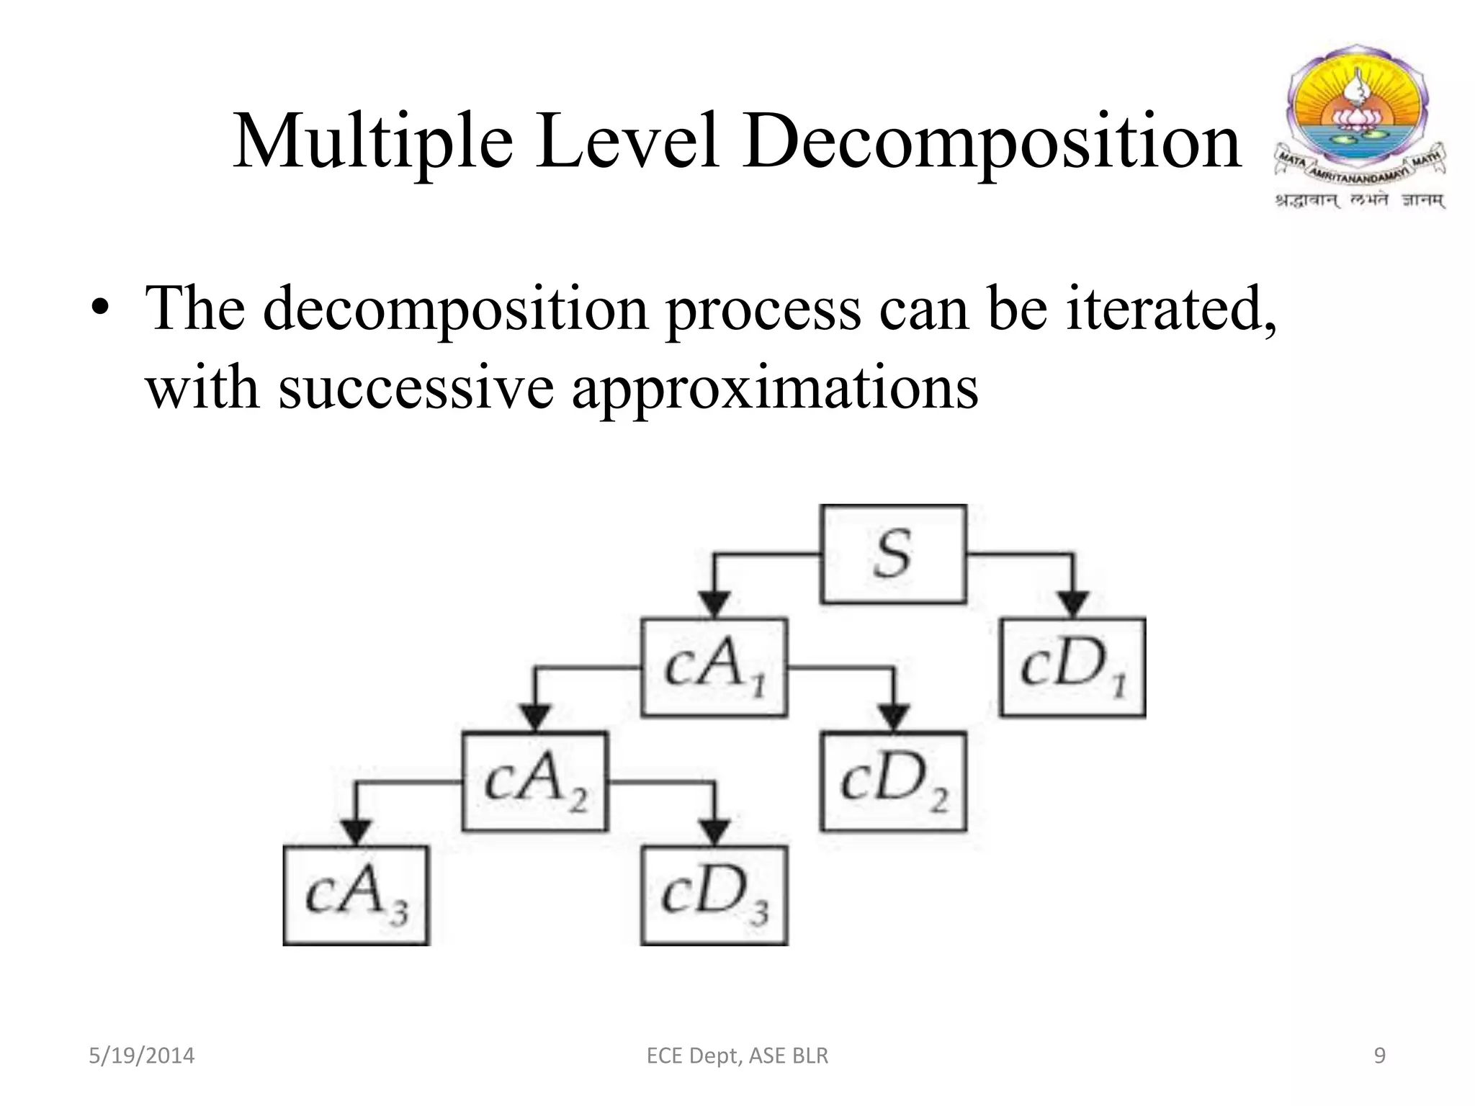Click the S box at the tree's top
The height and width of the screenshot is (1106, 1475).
pos(893,554)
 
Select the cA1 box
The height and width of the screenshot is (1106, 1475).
pos(714,667)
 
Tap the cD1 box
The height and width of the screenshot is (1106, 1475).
pos(1072,667)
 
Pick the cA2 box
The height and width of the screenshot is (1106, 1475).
pos(534,781)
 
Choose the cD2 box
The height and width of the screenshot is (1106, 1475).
pos(893,781)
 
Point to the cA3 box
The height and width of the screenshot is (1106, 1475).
pos(356,895)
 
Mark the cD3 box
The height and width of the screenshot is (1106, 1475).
pos(714,895)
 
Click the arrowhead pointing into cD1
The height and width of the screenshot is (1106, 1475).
pos(1073,603)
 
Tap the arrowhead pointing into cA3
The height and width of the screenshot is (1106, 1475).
pos(356,832)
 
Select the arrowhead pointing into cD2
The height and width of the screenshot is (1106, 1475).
pos(894,717)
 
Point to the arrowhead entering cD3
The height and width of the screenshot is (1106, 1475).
pos(714,832)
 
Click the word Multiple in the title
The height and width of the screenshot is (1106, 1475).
pos(373,143)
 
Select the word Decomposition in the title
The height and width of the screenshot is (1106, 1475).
pos(992,143)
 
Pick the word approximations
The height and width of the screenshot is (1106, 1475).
pos(775,387)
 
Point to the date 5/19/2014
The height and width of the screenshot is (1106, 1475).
pos(141,1056)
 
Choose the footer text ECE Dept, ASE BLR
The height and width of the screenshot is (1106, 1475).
pos(737,1056)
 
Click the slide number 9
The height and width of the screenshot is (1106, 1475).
pos(1380,1056)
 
